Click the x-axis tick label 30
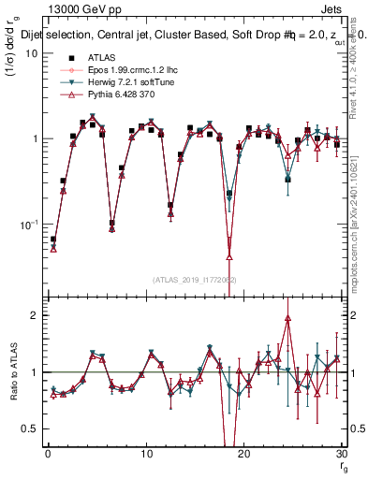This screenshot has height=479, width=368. click(340, 454)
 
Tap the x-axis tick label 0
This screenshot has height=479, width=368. click(48, 454)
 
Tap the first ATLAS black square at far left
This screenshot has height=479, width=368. click(53, 239)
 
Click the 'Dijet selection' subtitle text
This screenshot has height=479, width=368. click(75, 36)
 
